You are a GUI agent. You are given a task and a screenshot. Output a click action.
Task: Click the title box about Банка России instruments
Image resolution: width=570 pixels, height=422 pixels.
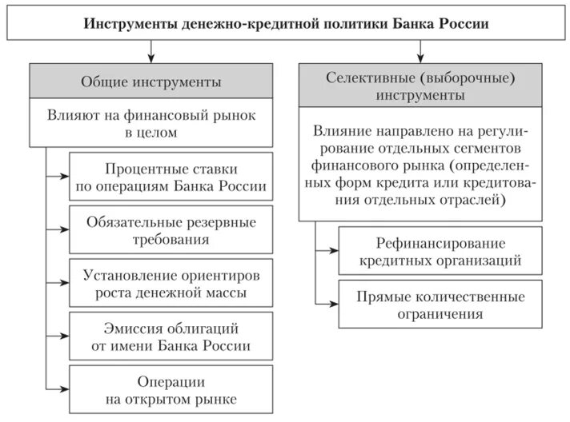(x=286, y=23)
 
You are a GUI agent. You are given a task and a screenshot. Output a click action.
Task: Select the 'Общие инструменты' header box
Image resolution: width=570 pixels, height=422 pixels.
(x=151, y=82)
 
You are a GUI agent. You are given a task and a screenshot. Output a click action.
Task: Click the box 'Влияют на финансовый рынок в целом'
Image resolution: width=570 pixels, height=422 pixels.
(x=151, y=124)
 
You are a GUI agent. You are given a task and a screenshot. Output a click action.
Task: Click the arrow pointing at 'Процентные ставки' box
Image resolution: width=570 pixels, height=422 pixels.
(x=61, y=177)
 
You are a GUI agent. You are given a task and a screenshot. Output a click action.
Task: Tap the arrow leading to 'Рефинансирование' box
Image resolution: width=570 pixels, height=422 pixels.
(x=329, y=250)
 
